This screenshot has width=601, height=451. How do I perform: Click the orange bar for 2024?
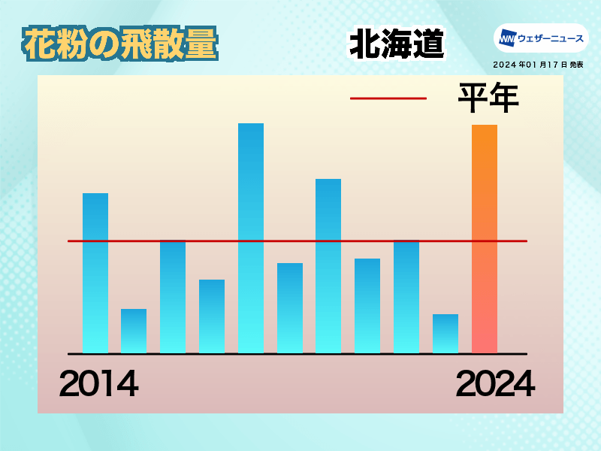tap(485, 238)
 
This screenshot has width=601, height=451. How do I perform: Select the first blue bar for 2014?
tap(95, 273)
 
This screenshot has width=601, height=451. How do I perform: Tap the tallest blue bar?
tap(251, 238)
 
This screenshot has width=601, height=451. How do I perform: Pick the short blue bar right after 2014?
tap(134, 331)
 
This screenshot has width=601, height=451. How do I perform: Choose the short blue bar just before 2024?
tap(445, 334)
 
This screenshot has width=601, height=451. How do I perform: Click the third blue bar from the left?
tap(173, 296)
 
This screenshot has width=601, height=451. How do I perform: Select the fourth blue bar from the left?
tap(212, 316)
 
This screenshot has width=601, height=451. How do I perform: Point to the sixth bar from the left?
tap(290, 308)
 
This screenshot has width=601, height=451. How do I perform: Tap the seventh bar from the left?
tap(328, 266)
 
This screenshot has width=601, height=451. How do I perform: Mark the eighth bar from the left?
tap(367, 306)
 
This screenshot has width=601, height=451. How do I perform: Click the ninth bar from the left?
tap(406, 296)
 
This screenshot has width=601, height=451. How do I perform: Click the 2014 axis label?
tap(99, 383)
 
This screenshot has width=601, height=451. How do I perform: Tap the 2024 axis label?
tap(495, 383)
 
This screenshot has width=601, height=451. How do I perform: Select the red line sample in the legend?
tap(388, 98)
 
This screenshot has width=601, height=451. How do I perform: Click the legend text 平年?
tap(489, 98)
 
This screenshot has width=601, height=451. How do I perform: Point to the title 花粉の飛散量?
tap(120, 44)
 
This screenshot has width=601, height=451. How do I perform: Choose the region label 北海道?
tap(397, 44)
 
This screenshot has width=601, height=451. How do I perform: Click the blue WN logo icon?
tap(508, 38)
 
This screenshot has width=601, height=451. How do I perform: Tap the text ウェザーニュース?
tap(551, 38)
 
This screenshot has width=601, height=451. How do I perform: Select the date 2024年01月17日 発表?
tap(538, 65)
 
